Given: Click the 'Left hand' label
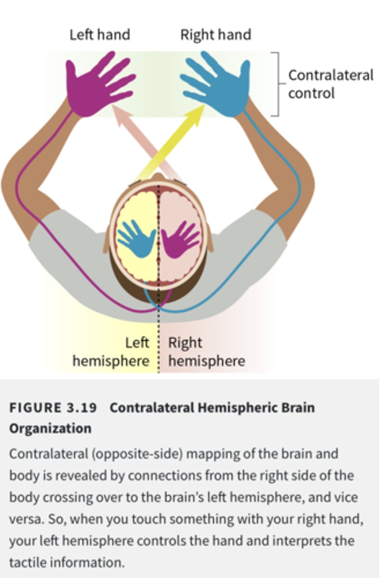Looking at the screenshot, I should click(99, 35).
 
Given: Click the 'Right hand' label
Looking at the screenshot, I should click(216, 35).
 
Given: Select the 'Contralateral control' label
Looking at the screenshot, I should click(330, 84).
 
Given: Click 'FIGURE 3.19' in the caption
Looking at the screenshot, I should click(53, 407).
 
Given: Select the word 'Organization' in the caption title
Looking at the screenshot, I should click(50, 428).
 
